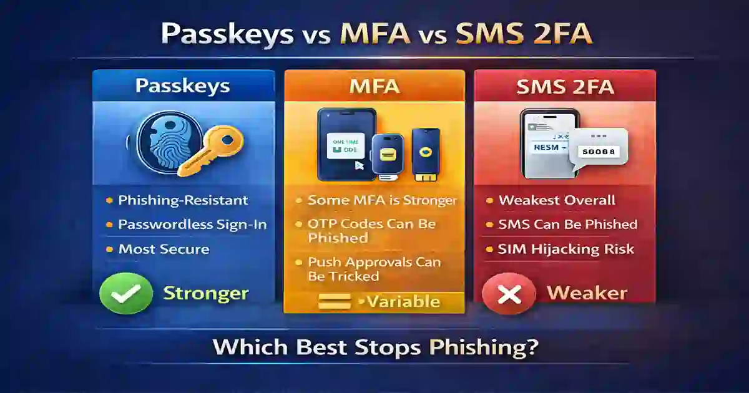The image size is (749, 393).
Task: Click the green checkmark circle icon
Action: [x=125, y=293]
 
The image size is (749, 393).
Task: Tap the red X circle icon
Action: [x=509, y=293]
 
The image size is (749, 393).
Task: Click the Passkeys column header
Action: [x=183, y=85]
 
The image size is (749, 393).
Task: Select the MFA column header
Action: [x=374, y=85]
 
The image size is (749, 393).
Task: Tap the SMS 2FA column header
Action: [x=565, y=85]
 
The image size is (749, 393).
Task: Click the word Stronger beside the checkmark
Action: [x=206, y=293]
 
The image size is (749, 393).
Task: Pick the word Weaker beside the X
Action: [x=587, y=293]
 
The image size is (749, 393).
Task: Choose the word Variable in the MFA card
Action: [x=403, y=303]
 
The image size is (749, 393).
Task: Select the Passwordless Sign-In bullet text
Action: [x=192, y=225]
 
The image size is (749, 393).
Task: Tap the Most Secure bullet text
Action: [x=164, y=249]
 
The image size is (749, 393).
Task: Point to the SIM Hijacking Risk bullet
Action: [x=565, y=249]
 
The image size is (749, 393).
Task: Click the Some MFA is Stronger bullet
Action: [x=383, y=200]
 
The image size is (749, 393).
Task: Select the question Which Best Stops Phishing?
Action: [x=374, y=346]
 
